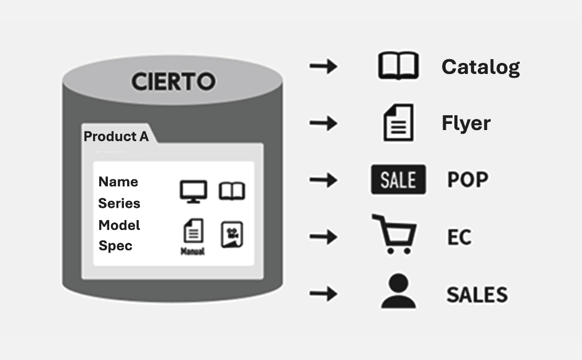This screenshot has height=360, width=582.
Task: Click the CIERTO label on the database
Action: coord(173,81)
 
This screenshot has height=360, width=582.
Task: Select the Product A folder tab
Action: coord(117,136)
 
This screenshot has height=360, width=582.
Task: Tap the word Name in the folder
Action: coord(118,182)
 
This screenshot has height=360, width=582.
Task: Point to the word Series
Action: coord(120,203)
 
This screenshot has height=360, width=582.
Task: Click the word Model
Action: coord(120,225)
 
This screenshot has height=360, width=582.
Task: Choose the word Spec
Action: coord(116,246)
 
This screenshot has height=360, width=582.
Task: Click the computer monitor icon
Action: coord(194,191)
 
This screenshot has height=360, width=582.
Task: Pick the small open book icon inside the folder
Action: coord(232,191)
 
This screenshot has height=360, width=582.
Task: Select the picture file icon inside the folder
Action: coord(232,234)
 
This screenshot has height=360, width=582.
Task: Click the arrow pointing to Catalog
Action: coord(323,66)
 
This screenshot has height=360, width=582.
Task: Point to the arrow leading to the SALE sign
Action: coord(323,180)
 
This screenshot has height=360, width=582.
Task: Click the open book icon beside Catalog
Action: coord(398,66)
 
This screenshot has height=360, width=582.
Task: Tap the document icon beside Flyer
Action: coord(398,123)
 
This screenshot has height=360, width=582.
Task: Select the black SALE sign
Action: coord(398,180)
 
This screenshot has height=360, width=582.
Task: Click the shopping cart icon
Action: coord(395,234)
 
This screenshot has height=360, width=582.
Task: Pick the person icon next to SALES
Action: coord(398,291)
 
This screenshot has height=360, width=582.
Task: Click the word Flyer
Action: coord(466,123)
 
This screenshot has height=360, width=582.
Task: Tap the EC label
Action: coord(459,237)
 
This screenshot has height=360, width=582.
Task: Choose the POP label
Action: coord(467,180)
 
